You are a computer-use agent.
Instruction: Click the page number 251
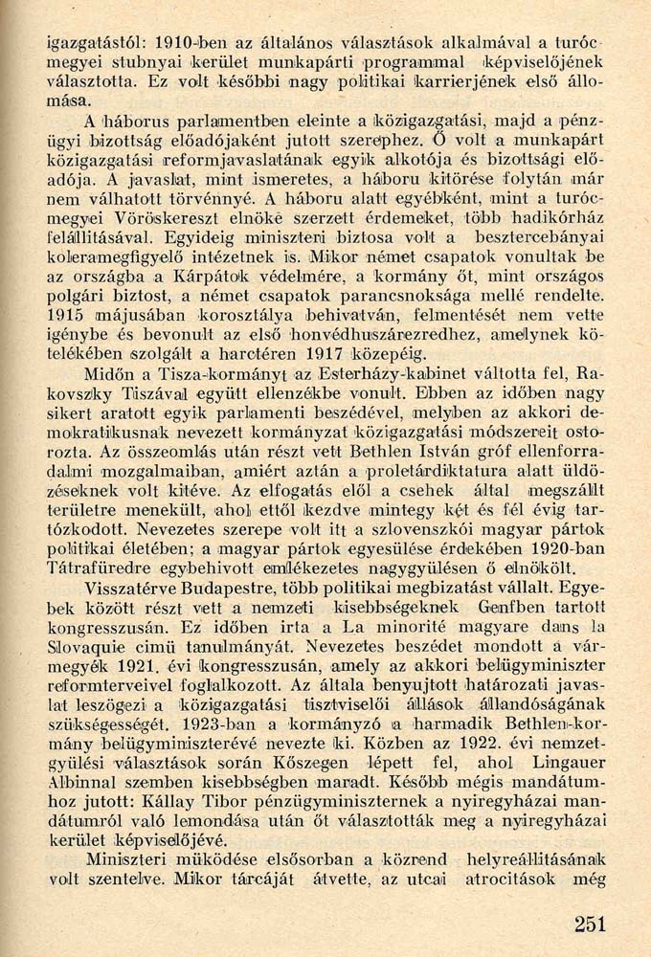(x=590, y=923)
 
